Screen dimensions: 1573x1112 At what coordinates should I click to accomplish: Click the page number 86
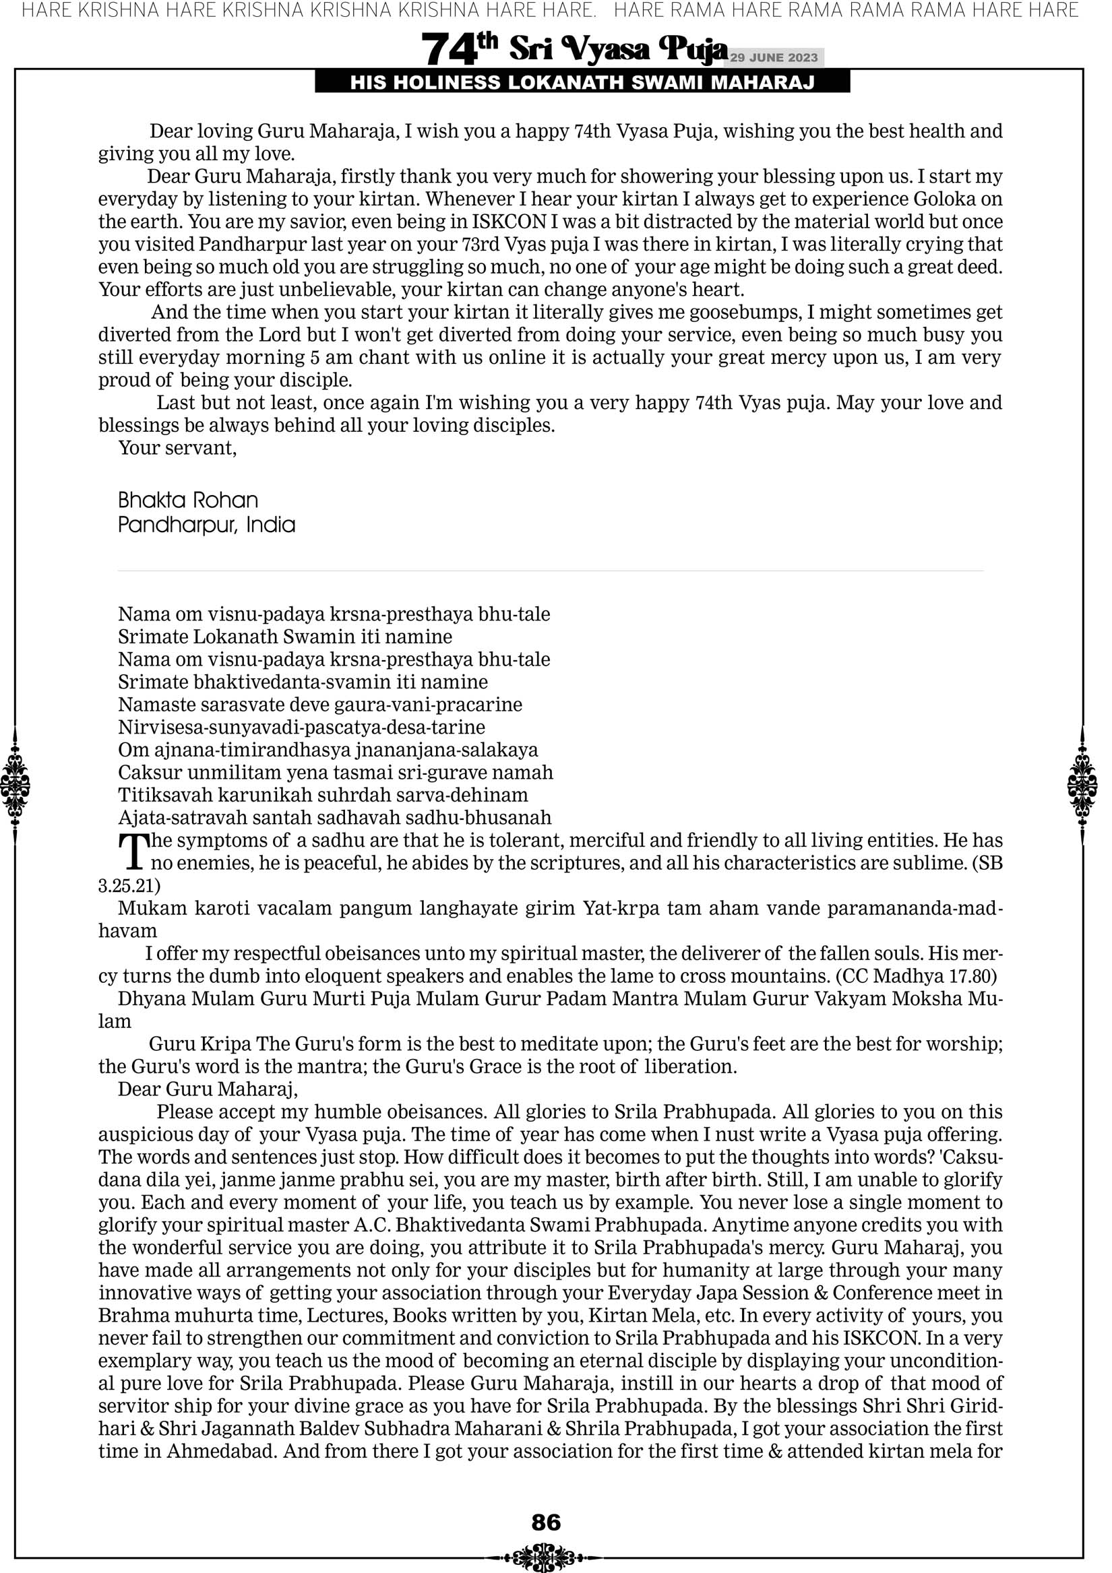(x=546, y=1522)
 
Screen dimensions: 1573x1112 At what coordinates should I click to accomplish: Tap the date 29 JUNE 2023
(x=774, y=57)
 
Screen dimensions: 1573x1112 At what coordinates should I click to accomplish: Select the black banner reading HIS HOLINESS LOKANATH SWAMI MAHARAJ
(x=582, y=83)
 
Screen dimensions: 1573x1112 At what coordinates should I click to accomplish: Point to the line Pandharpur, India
(x=206, y=525)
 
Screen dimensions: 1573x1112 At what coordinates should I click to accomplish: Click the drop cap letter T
(x=133, y=851)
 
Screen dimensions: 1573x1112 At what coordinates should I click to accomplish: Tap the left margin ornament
(x=14, y=785)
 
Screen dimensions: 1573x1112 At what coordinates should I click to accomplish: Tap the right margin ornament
(x=1082, y=785)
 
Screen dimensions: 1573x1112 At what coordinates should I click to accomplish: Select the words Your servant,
(x=177, y=448)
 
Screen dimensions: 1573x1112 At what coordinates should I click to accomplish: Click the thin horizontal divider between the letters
(x=551, y=571)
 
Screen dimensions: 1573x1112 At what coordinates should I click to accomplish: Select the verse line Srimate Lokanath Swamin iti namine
(x=284, y=637)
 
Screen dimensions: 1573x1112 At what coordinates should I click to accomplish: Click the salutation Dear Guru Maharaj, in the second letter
(x=208, y=1089)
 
